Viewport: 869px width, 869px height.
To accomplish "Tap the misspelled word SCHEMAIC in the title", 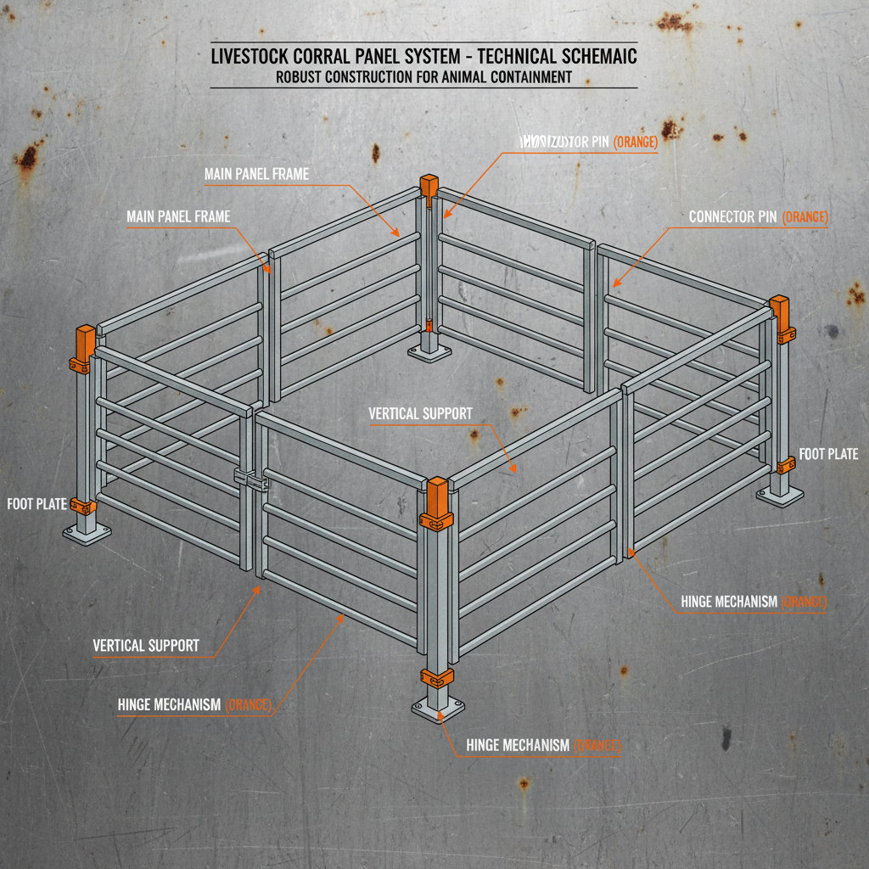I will [586, 58].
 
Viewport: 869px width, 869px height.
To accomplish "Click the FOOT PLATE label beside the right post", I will [828, 454].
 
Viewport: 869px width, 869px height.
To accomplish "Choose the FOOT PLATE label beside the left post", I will [36, 504].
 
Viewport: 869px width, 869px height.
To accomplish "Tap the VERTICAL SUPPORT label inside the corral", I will [420, 414].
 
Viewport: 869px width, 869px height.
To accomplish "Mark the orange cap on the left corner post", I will [86, 339].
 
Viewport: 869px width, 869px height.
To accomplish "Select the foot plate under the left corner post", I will [87, 534].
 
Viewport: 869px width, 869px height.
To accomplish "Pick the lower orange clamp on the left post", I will [84, 507].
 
